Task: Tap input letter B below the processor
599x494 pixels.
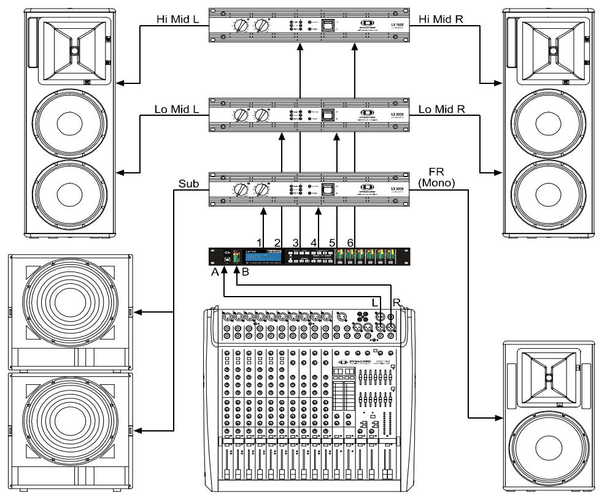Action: [x=245, y=273]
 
